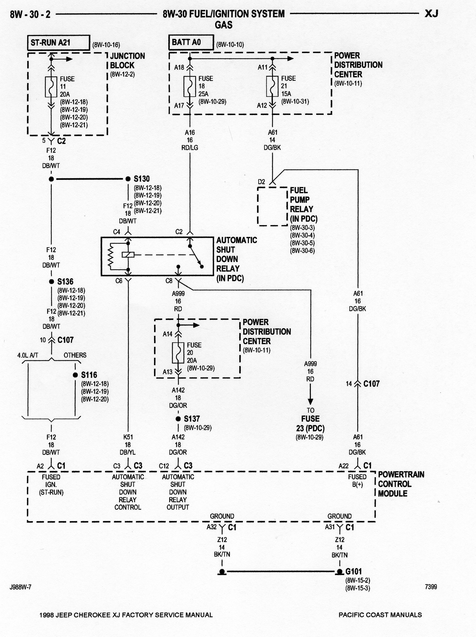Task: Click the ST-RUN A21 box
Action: tap(58, 43)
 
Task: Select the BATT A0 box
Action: tap(191, 42)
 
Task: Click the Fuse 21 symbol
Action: tap(272, 86)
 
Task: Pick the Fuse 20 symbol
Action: tap(178, 353)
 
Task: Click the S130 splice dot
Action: tap(128, 179)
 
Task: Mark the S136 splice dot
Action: tap(51, 282)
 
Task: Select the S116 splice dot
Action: tap(75, 375)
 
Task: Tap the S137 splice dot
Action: tap(178, 419)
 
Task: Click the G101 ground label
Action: tap(354, 571)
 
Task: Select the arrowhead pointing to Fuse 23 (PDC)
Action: tap(310, 402)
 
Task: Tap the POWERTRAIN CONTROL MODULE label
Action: tap(401, 484)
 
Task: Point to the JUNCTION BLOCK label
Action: tap(127, 60)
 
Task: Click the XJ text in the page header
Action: tap(431, 14)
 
